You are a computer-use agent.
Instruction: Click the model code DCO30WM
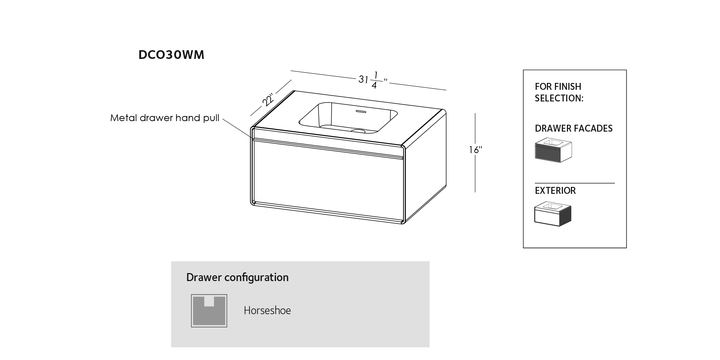click(x=171, y=55)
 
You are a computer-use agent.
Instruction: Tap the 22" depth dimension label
click(x=268, y=100)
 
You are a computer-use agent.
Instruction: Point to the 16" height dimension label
click(x=476, y=150)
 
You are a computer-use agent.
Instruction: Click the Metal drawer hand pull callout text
click(x=165, y=118)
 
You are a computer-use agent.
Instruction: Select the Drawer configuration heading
click(x=237, y=277)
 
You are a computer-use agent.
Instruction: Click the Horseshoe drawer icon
click(x=209, y=311)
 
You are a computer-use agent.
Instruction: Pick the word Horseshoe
click(x=267, y=311)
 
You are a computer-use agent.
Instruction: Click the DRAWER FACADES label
click(x=574, y=128)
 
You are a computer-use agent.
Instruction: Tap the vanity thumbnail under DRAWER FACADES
click(x=553, y=150)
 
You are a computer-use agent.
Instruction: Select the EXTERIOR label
click(x=555, y=191)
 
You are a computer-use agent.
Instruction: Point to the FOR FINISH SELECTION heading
click(x=559, y=92)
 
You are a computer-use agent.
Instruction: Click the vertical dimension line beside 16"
click(x=475, y=153)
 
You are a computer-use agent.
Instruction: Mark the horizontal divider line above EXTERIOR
click(x=575, y=183)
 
